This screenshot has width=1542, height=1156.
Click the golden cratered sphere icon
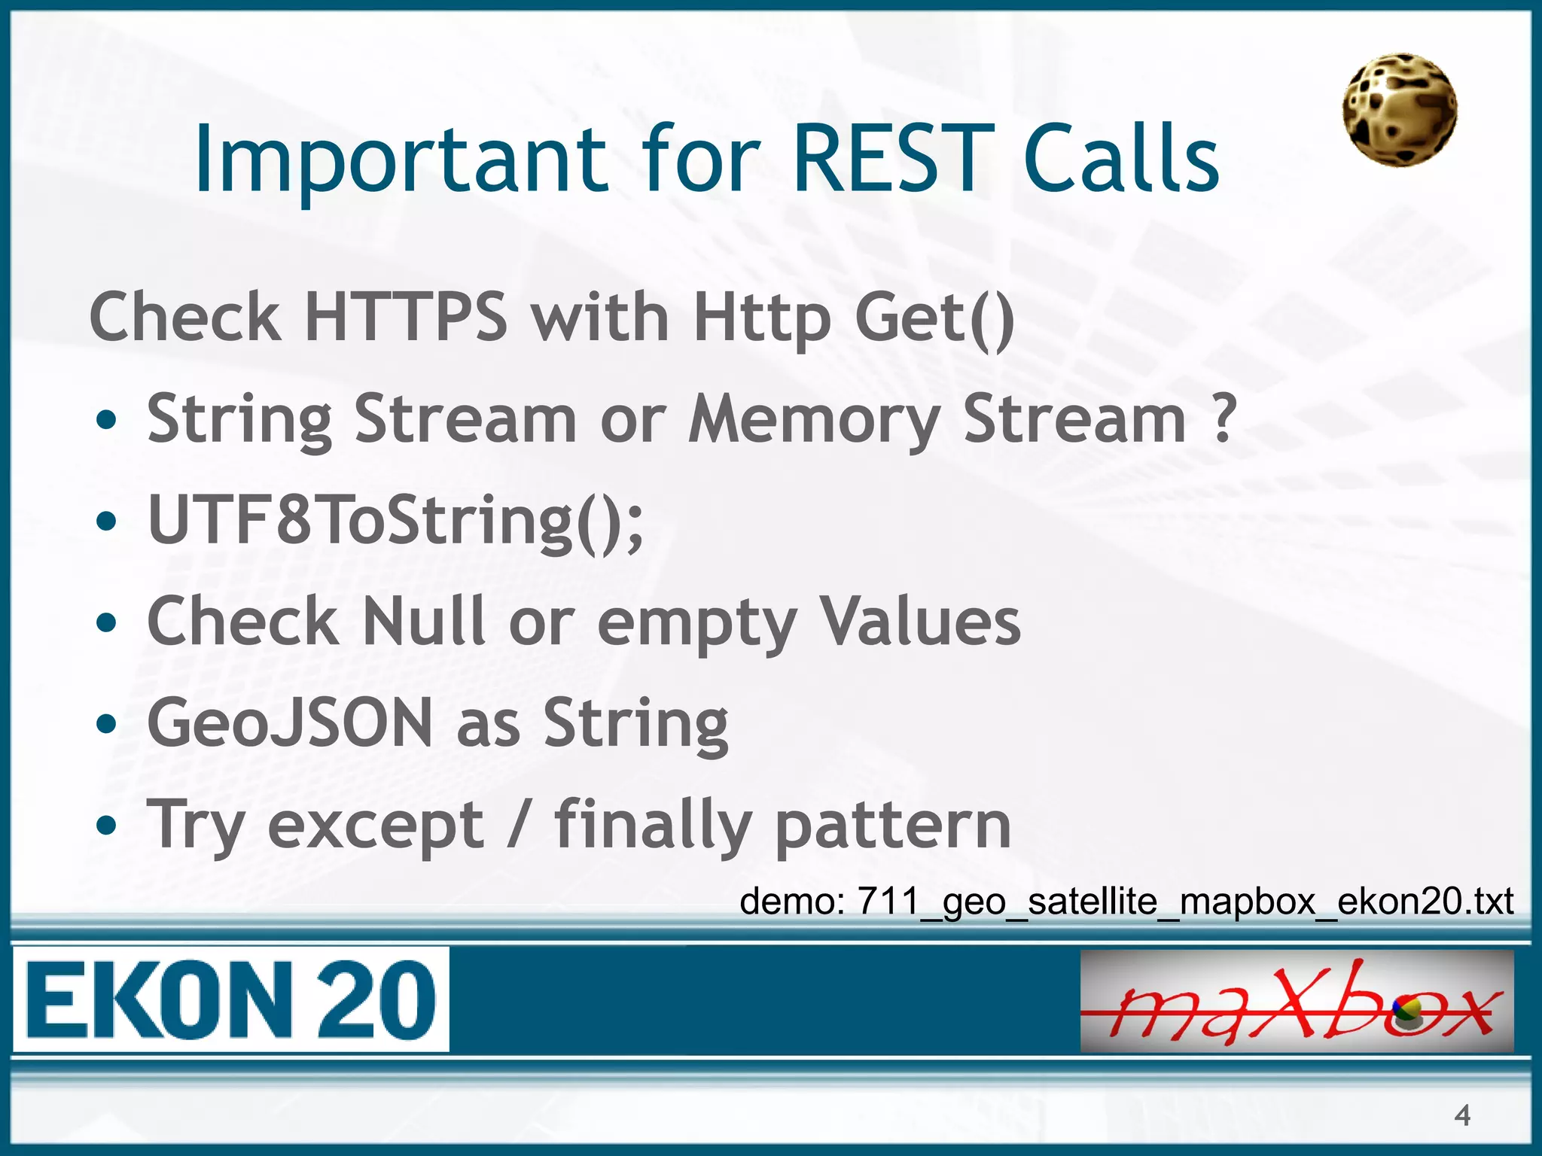tap(1399, 110)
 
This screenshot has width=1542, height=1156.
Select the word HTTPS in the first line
tap(407, 317)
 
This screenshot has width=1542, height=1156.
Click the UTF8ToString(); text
tap(396, 520)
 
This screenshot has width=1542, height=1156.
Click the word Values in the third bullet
tap(919, 621)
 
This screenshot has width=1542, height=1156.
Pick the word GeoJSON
tap(290, 722)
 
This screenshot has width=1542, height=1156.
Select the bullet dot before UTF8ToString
tap(107, 522)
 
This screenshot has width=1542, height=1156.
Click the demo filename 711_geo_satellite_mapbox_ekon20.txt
tap(1184, 901)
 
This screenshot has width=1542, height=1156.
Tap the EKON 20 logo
tap(230, 999)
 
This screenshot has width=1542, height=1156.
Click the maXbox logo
tap(1297, 1001)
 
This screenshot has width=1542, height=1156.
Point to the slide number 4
tap(1461, 1115)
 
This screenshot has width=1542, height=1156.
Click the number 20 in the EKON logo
tap(375, 999)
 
